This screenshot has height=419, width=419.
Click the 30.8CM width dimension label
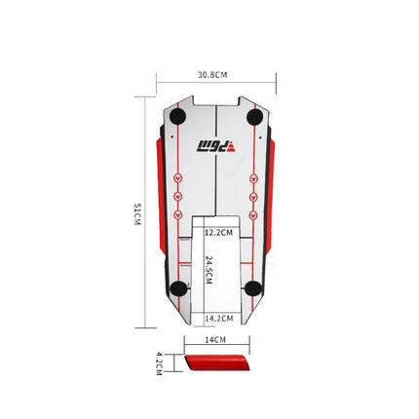[212, 75]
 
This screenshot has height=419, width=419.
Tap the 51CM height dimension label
[137, 214]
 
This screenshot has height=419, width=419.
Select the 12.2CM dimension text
[219, 233]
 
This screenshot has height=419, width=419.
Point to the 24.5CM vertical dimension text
[209, 270]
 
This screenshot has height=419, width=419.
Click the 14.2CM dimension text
[219, 319]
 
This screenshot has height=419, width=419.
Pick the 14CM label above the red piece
[215, 340]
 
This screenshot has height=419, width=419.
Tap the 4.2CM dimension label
[159, 363]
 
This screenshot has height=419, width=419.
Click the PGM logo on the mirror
[216, 146]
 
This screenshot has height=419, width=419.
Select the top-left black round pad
[177, 116]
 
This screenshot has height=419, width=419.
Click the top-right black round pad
[254, 117]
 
